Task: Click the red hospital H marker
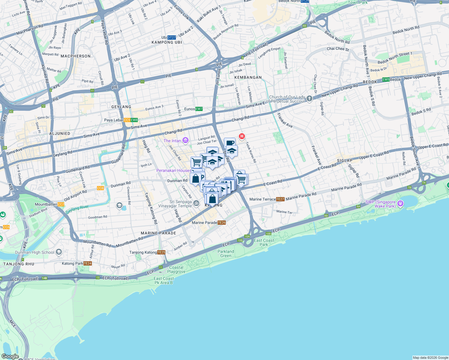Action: tap(242, 136)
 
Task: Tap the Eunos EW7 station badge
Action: tap(199, 109)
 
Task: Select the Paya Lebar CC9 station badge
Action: tap(127, 120)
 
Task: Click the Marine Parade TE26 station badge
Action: tap(221, 223)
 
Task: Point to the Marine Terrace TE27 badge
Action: tap(280, 199)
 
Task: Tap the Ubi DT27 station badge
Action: tap(171, 37)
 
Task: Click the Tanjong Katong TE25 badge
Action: tap(161, 252)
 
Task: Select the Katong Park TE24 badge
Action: tap(87, 263)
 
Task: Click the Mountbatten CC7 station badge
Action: tap(61, 204)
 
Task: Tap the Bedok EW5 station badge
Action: tap(386, 79)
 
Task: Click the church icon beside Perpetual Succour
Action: tap(309, 99)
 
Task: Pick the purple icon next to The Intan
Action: tap(185, 140)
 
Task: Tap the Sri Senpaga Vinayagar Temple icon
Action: tap(196, 203)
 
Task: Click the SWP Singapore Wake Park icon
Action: tap(400, 204)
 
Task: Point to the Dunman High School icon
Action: tap(59, 252)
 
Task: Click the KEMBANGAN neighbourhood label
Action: tap(248, 77)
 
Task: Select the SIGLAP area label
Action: tap(345, 160)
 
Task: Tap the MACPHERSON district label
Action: tap(76, 56)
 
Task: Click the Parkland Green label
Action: tap(226, 253)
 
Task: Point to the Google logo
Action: tap(10, 356)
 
